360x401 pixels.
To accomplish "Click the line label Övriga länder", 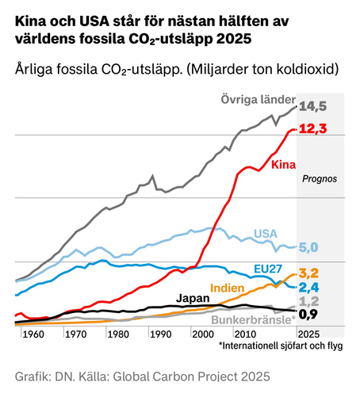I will (x=255, y=99).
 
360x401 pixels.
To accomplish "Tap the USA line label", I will (x=266, y=233).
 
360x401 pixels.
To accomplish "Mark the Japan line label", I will (x=193, y=298).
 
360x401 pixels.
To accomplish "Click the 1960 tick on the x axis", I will (x=33, y=334).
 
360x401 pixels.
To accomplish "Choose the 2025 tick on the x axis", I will (x=308, y=334).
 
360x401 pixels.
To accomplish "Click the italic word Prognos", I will (x=320, y=179).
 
